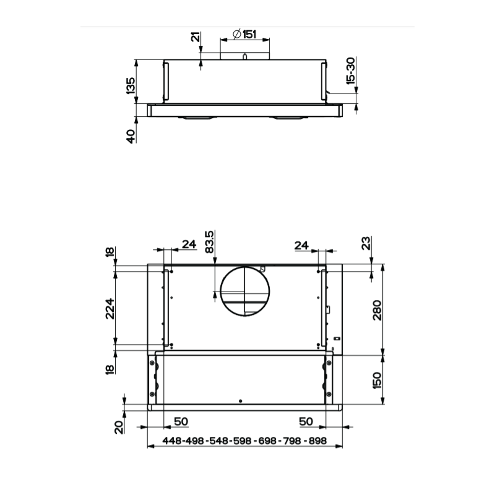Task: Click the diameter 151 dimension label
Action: pos(244,34)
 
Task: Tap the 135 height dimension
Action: pos(131,85)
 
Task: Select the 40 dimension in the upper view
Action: pos(131,136)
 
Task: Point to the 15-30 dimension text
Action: pos(351,71)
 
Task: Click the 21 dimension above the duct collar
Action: pos(196,37)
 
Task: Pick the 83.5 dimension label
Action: pos(209,242)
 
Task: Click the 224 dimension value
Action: pos(110,308)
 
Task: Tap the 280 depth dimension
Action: pos(377,310)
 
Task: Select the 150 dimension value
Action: pos(377,380)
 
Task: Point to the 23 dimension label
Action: pos(366,243)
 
